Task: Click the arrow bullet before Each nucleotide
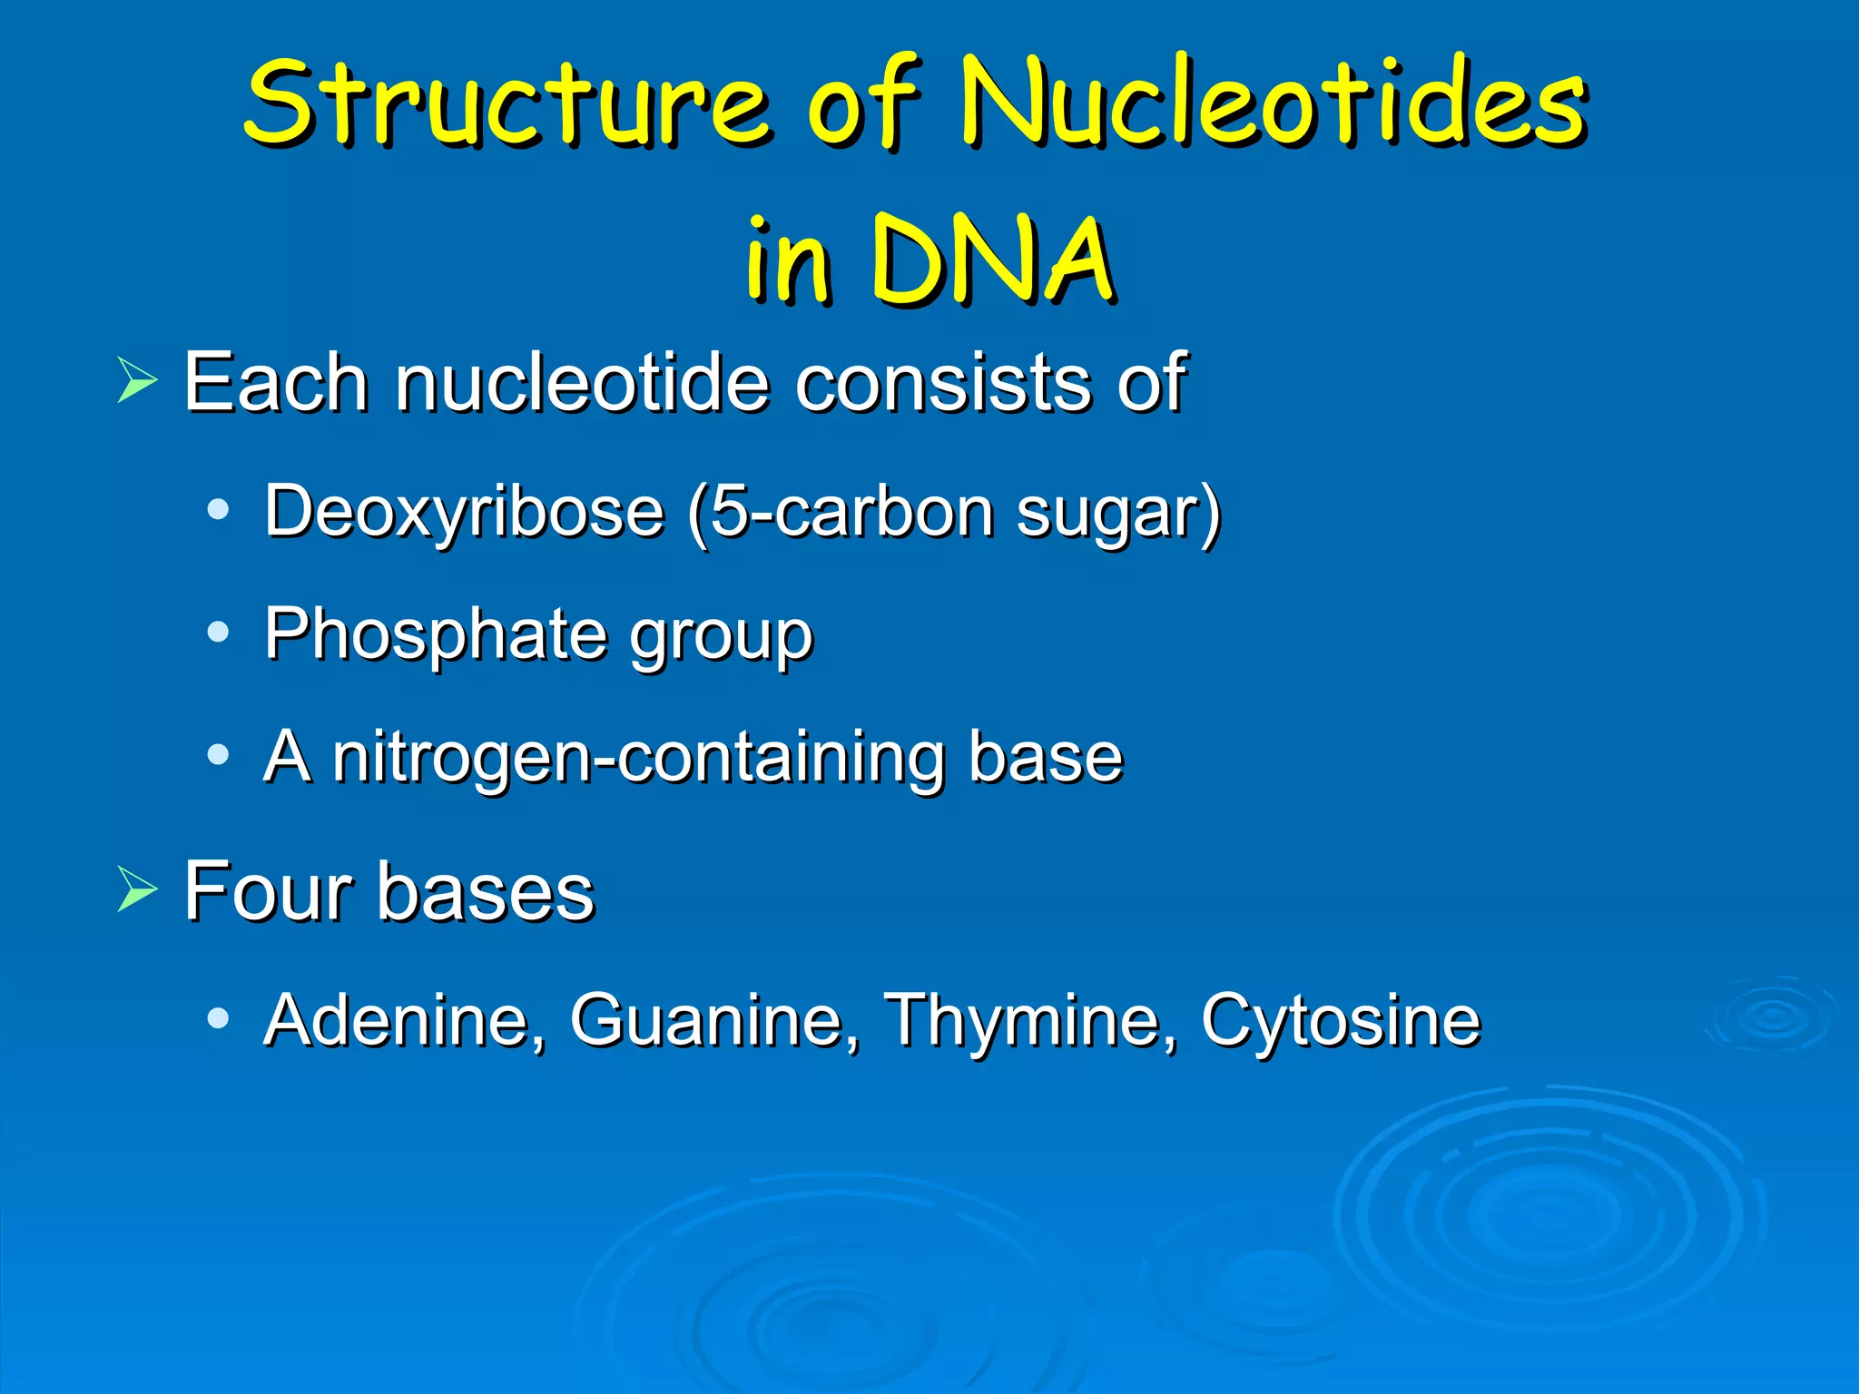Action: (137, 380)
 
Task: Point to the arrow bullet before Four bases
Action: (137, 889)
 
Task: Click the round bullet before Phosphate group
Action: (218, 632)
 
